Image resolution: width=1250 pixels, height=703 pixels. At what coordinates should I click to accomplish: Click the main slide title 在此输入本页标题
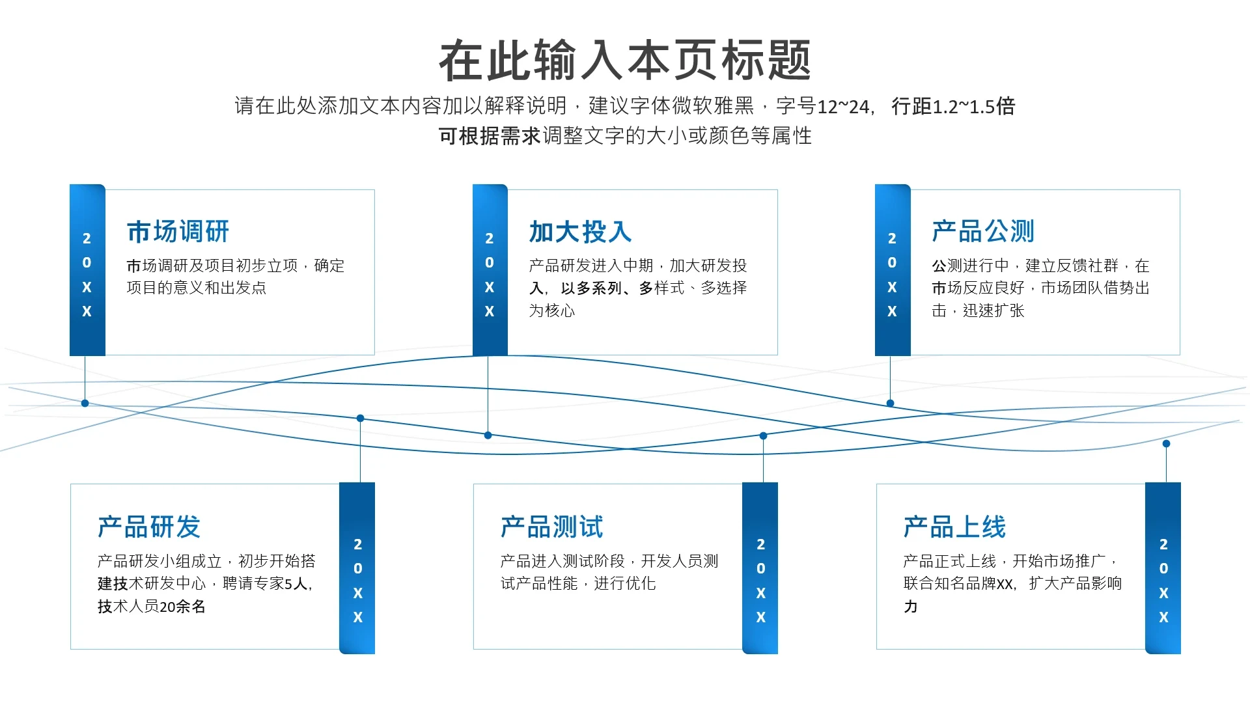coord(625,61)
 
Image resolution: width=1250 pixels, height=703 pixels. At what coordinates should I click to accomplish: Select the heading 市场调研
coord(178,232)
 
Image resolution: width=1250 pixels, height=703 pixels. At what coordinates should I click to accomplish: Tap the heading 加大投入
coord(580,232)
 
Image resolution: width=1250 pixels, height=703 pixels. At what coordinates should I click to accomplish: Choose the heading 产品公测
coord(983,232)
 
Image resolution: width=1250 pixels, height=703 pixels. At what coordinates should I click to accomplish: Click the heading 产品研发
coord(149,527)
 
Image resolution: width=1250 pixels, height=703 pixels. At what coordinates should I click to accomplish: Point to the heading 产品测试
coord(552,527)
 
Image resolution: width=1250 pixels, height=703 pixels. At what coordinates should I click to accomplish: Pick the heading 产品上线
coord(954,527)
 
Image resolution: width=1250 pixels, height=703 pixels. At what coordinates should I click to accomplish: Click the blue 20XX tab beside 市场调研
coord(87,271)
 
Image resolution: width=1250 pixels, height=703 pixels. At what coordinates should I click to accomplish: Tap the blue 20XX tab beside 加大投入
coord(490,271)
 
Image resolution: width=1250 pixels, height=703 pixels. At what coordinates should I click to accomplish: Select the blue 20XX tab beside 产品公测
coord(892,271)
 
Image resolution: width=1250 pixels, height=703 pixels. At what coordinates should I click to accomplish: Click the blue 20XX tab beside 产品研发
coord(357,568)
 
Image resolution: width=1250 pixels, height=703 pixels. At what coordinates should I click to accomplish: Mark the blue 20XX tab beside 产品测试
coord(760,568)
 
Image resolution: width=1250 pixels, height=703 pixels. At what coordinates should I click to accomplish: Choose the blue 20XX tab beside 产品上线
coord(1163,568)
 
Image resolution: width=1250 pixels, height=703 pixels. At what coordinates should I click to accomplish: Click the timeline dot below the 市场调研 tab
coord(85,404)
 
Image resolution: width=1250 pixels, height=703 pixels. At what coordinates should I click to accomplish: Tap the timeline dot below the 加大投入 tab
coord(488,435)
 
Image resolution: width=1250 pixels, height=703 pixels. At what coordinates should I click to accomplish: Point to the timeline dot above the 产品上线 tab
coord(1166,444)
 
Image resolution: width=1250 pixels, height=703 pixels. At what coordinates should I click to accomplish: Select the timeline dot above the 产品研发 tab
coord(360,419)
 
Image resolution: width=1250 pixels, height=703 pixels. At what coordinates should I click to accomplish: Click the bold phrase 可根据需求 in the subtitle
coord(490,136)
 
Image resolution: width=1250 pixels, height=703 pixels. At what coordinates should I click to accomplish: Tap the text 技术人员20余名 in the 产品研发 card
coord(152,607)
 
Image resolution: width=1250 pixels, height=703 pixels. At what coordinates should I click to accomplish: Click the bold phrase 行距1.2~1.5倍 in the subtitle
coord(953,106)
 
